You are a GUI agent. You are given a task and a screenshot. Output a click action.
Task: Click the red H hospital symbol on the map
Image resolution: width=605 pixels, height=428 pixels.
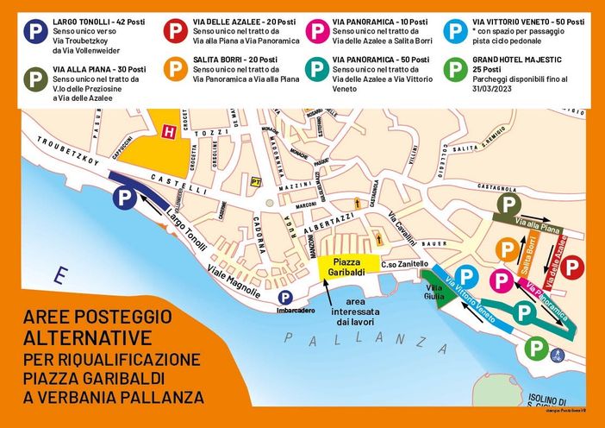(x=168, y=130)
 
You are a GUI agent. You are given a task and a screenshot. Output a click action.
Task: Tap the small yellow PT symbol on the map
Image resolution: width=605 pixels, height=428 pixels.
(x=256, y=182)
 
